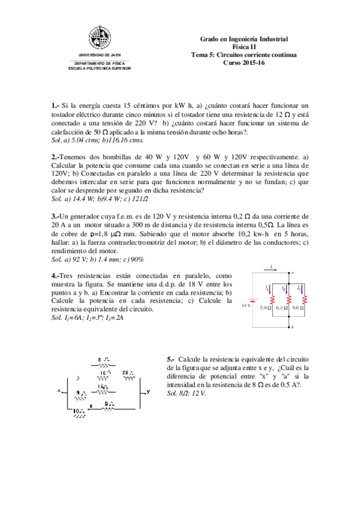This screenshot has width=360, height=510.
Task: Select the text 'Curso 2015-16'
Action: (243, 62)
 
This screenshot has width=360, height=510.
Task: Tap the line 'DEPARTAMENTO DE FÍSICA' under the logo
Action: (100, 63)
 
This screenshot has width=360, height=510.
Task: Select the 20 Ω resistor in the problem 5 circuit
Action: (127, 374)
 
